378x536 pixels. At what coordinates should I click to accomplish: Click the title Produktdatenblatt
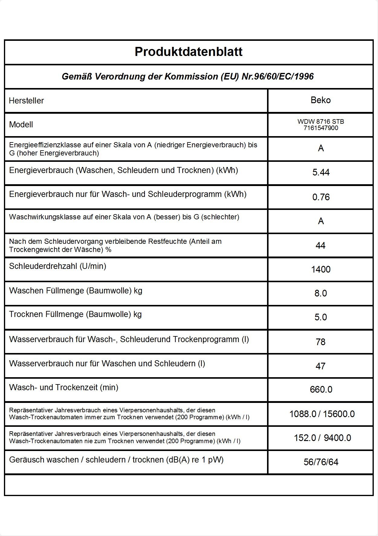188,52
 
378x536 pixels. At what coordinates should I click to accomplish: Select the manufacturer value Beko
321,100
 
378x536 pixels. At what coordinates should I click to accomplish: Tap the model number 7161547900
321,128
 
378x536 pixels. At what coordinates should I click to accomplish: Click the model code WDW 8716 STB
321,122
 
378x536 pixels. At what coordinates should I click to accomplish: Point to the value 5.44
321,172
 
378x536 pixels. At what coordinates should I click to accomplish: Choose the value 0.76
321,197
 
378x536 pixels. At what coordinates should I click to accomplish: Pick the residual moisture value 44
320,245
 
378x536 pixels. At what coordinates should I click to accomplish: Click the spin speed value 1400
321,269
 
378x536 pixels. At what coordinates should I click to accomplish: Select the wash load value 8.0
321,293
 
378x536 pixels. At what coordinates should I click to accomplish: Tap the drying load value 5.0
321,317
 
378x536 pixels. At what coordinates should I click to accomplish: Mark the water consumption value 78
320,342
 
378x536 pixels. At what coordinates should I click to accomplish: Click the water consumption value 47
320,366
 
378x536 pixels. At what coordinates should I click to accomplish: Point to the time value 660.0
321,389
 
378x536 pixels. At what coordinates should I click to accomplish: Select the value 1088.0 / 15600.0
322,414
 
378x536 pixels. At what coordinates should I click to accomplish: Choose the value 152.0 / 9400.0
322,438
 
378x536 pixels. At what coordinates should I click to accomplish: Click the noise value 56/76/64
321,462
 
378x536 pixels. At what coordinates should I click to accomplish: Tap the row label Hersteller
26,101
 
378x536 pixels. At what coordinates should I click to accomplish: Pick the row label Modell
21,125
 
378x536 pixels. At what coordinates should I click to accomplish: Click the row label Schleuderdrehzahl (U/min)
57,266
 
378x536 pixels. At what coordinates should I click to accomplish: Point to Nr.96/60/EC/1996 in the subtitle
278,77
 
